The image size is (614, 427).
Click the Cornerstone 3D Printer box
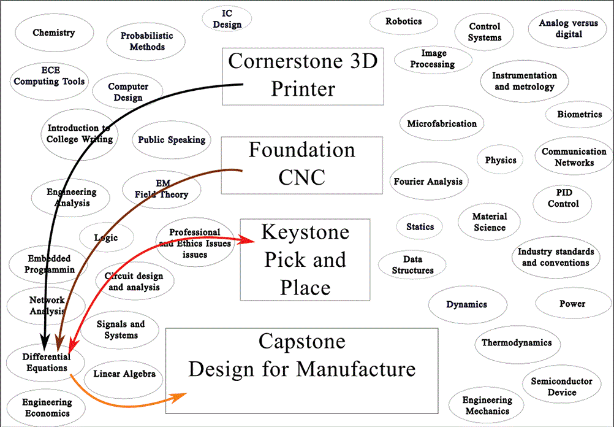click(x=303, y=76)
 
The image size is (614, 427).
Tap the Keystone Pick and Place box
click(x=305, y=259)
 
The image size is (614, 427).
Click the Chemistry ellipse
click(x=54, y=33)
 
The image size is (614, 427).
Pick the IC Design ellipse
click(x=227, y=19)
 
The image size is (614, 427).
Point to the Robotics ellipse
click(x=403, y=21)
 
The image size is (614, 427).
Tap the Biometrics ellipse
click(x=579, y=115)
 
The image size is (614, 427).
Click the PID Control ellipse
click(x=563, y=198)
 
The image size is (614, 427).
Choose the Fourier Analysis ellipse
click(x=428, y=182)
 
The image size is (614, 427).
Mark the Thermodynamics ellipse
click(x=516, y=343)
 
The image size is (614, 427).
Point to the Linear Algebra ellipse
click(x=124, y=374)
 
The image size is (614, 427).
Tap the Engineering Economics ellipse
click(x=47, y=408)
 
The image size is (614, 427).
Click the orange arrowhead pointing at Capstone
click(x=180, y=398)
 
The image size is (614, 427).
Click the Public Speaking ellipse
click(x=172, y=140)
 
